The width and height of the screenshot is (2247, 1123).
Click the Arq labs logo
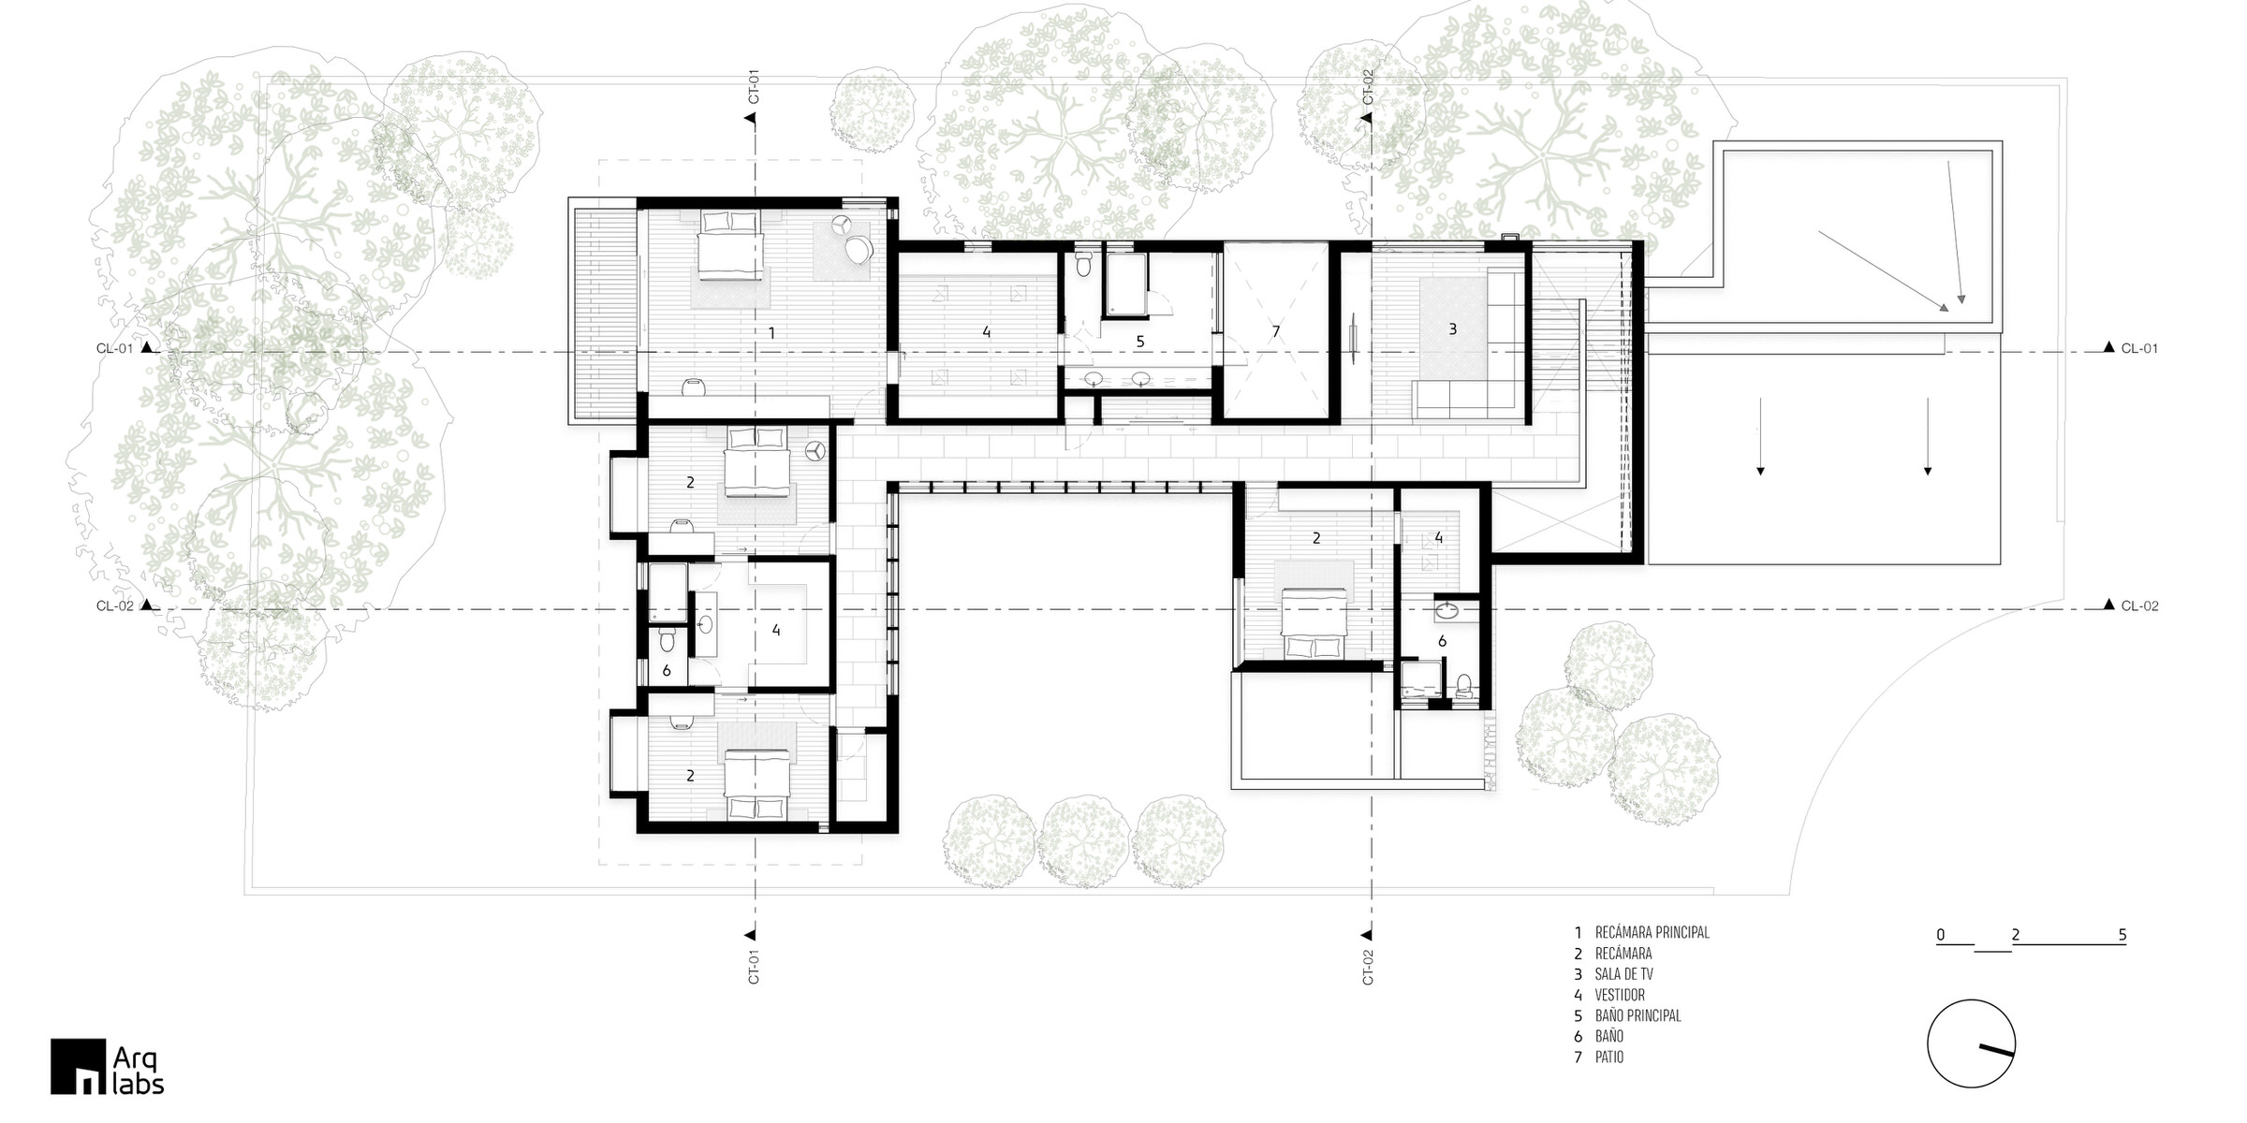coord(108,1066)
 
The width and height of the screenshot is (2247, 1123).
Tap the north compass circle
coord(1971,1043)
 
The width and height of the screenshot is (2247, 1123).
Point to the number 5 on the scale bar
coord(2122,935)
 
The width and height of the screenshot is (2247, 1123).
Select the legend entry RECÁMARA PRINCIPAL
coord(1652,933)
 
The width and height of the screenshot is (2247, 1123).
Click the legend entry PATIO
coord(1609,1057)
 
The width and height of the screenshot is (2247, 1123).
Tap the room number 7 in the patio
coord(1275,331)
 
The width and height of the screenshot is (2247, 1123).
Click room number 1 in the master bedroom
coord(771,333)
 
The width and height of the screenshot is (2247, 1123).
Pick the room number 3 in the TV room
coord(1452,328)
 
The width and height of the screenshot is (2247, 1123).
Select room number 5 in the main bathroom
coord(1140,342)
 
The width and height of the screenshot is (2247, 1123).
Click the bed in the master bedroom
coord(729,244)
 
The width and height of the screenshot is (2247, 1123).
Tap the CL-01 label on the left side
coord(115,348)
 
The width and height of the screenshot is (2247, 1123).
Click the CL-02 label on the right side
coord(2140,605)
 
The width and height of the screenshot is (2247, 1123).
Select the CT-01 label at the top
coord(753,86)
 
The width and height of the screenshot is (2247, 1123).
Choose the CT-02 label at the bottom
coord(1368,967)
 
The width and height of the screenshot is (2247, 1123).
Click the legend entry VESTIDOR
coord(1620,995)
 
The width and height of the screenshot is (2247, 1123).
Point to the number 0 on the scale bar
coord(1941,935)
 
